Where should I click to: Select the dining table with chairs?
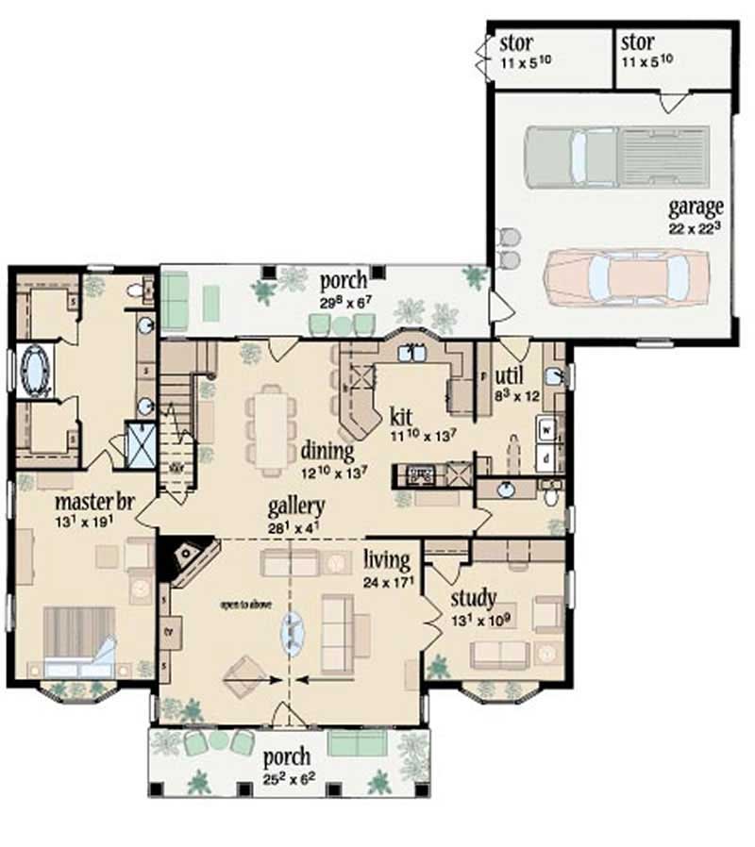click(271, 428)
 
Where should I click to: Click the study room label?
click(473, 598)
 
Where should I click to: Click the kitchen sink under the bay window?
click(412, 353)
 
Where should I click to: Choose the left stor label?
click(516, 43)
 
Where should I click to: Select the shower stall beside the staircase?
click(142, 446)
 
